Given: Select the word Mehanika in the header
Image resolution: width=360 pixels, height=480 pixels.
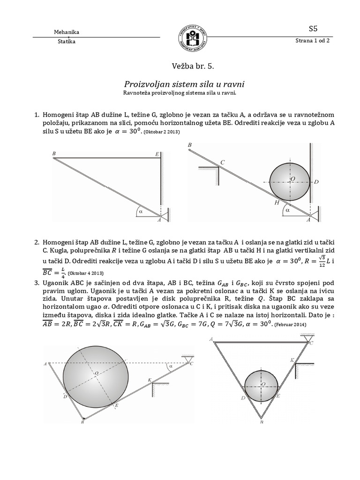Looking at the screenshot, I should (67, 32).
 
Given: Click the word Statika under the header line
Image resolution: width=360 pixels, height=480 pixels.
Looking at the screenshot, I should (66, 42).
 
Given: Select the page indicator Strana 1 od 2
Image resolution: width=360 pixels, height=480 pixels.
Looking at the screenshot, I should (313, 41).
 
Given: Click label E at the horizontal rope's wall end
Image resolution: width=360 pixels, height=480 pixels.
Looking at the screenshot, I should (157, 154).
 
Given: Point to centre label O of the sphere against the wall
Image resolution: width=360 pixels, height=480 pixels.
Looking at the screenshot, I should (293, 178).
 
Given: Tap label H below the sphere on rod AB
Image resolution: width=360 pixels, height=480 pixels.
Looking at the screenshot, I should (277, 203).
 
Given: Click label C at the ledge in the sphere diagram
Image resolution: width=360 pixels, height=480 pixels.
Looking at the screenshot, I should (222, 162).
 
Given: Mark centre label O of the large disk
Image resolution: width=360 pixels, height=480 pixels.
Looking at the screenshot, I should (96, 373).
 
